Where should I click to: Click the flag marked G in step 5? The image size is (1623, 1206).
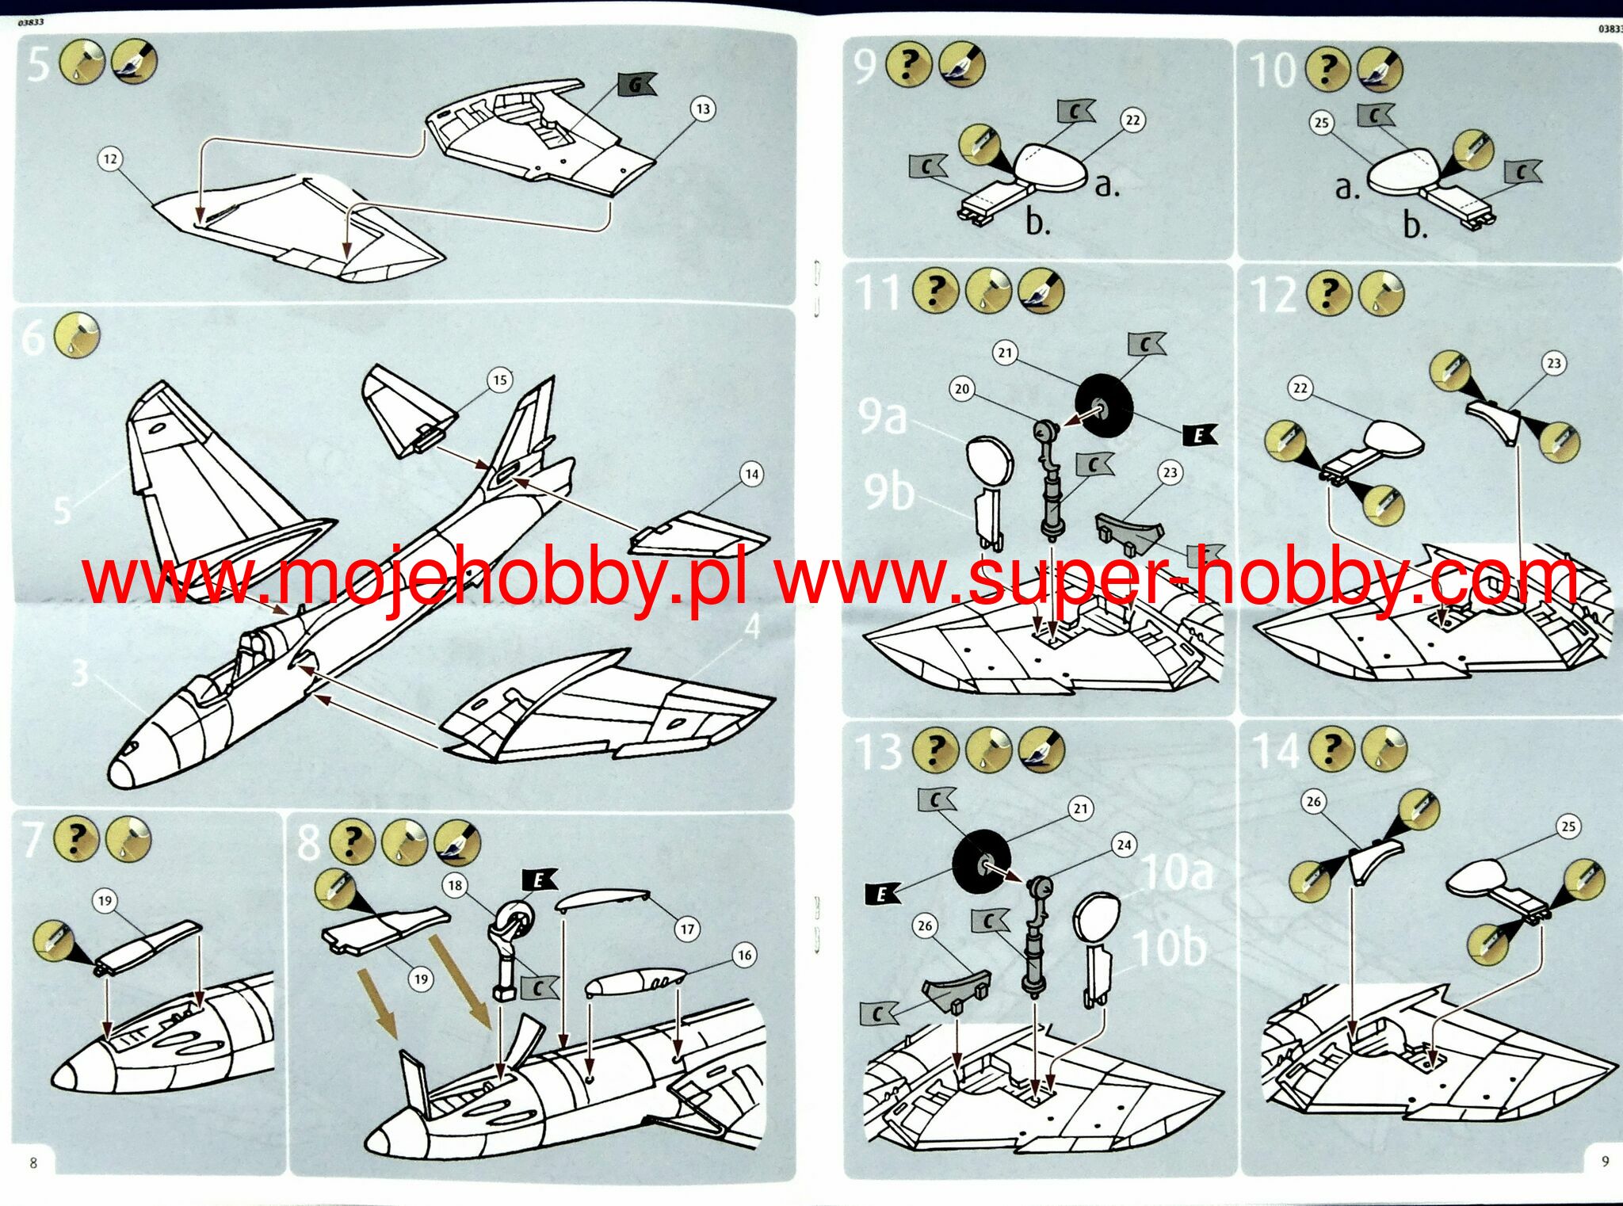coord(636,84)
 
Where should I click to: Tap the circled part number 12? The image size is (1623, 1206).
coord(110,159)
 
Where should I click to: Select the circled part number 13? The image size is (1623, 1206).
coord(703,109)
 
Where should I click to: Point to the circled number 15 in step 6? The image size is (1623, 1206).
coord(500,380)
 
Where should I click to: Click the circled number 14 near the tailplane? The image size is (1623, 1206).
coord(751,474)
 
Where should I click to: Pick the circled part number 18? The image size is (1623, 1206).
coord(455,885)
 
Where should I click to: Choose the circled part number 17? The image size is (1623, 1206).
coord(687,929)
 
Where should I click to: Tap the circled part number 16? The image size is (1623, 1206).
coord(745,955)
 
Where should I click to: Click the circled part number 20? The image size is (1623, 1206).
coord(962,389)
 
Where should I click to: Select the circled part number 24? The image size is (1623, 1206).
coord(1124,845)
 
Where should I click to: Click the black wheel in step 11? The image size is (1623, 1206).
coord(1104,406)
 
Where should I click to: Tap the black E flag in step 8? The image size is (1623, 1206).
coord(540,879)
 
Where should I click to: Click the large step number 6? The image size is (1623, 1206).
coord(33,337)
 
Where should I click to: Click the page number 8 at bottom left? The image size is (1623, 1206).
coord(33,1162)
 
